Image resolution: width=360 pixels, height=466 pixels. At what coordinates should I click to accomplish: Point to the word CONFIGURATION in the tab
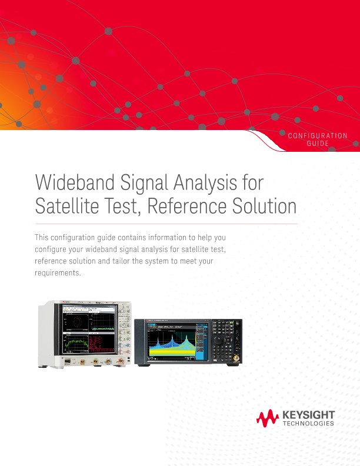tap(318, 136)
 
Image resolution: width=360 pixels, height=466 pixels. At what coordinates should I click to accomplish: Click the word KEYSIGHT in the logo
tap(309, 415)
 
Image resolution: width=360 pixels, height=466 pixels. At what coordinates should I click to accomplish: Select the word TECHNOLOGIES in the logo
tap(309, 424)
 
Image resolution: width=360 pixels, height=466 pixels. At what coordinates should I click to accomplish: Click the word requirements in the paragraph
tap(56, 274)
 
